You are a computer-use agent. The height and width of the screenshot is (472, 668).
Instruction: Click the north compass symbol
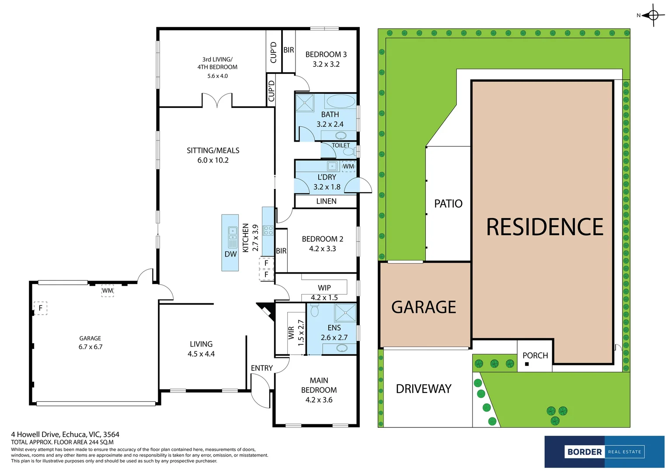tap(653, 15)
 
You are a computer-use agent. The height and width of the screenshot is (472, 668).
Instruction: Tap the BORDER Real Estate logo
tap(604, 451)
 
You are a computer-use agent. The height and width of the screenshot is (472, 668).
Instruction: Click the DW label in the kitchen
tap(230, 254)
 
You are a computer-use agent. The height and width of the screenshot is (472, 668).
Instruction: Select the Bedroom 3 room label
tap(326, 55)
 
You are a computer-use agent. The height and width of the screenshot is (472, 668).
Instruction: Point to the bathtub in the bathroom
tap(341, 101)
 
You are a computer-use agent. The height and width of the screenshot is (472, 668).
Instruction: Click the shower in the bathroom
tap(305, 103)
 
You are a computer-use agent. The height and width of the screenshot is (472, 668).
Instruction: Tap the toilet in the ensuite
tap(314, 311)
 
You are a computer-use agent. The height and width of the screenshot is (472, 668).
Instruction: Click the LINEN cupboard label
tap(326, 201)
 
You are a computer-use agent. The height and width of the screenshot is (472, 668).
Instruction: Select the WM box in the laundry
tap(348, 166)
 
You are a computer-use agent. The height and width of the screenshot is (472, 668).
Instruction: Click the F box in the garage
tap(41, 308)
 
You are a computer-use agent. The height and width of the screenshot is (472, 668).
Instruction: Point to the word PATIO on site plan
tap(448, 204)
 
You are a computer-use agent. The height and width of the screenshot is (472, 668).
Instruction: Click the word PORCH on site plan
tap(535, 355)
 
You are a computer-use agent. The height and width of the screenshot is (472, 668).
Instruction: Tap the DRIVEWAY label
tap(423, 389)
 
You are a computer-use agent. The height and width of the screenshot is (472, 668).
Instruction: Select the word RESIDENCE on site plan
tap(545, 227)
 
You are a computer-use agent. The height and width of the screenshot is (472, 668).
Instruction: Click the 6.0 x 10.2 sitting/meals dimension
tap(213, 160)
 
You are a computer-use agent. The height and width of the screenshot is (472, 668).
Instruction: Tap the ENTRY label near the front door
tap(261, 368)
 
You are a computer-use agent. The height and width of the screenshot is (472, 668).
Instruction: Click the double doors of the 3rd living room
tap(217, 101)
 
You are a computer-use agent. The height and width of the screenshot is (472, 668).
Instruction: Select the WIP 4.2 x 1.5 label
tap(324, 292)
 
